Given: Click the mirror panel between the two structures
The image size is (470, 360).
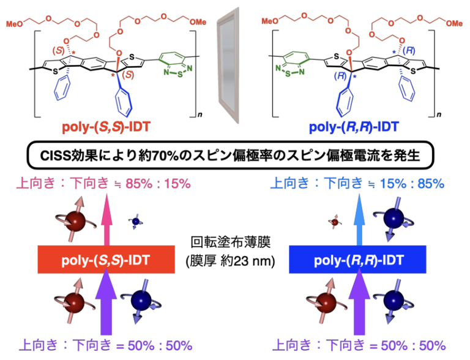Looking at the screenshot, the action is coord(228,66).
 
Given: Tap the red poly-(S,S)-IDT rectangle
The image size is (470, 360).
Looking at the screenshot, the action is coord(106,260).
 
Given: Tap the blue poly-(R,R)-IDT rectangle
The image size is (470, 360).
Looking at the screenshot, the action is coord(357,260).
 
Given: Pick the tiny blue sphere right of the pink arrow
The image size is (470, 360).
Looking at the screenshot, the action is coord(136,222).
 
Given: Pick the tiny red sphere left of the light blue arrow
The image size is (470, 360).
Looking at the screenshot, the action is coord(335,222).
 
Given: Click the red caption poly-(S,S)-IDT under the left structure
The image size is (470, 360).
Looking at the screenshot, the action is coord(106,127).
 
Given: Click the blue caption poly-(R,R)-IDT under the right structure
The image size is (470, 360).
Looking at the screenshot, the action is coord(354,127).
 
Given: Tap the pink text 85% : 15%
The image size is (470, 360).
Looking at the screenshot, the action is coord(158,184).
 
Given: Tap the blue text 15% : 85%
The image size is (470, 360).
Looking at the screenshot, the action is coord(412,184).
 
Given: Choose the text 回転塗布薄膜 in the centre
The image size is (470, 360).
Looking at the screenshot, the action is coord(231,242).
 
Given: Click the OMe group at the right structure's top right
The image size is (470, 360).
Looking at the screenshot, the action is coord(454,23).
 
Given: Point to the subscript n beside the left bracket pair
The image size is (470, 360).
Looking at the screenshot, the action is coord(200,114).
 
